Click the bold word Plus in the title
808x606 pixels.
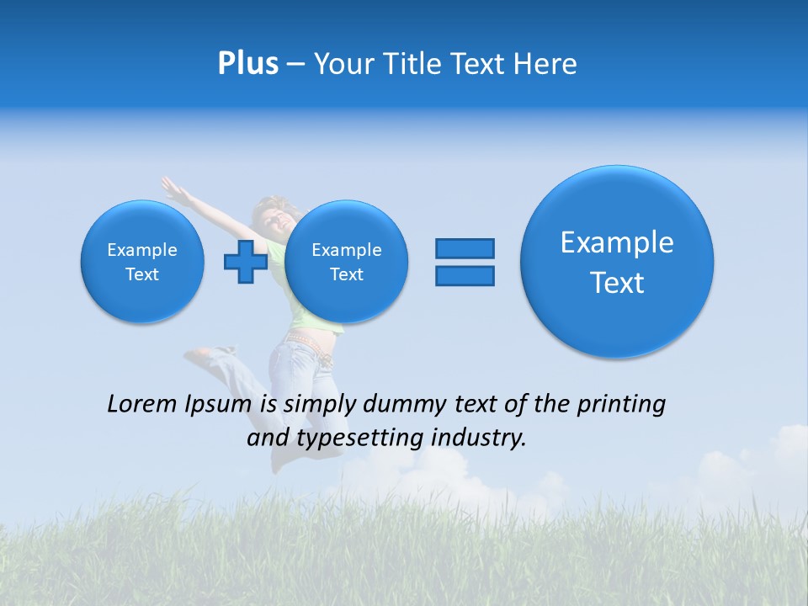pos(247,64)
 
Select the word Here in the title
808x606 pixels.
pos(547,64)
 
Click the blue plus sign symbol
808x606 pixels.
pos(245,261)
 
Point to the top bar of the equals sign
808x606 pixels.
pos(465,248)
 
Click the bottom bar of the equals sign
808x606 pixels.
pos(465,275)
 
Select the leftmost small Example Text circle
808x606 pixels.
pos(142,261)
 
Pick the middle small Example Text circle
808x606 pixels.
pos(346,261)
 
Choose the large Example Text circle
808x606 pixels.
pos(617,261)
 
